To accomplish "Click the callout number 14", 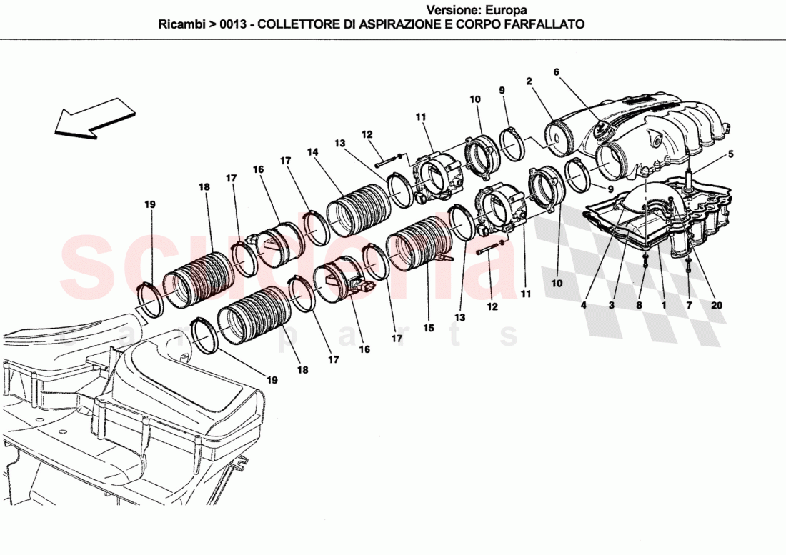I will click(x=312, y=152).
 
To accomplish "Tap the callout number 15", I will click(x=428, y=328).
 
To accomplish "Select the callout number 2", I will click(x=529, y=81).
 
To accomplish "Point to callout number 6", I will click(x=556, y=71).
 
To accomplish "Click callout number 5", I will click(x=730, y=153).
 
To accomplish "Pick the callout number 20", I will click(x=717, y=305).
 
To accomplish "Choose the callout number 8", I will click(x=640, y=305).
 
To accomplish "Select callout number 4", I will click(x=584, y=305).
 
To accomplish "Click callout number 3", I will click(x=612, y=305).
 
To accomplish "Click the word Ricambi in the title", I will click(x=180, y=24).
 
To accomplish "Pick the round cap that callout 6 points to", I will click(x=601, y=130).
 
